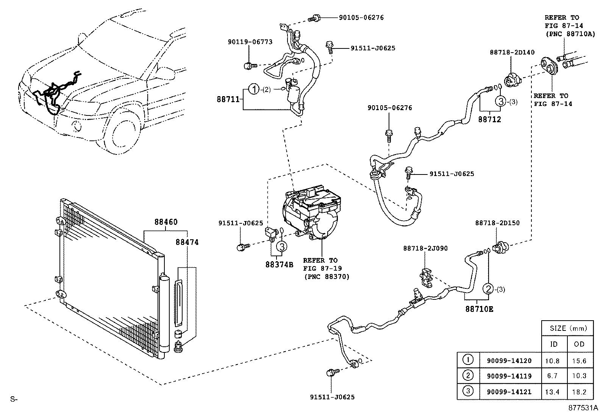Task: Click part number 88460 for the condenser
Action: pyautogui.click(x=166, y=222)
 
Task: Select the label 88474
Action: pyautogui.click(x=187, y=242)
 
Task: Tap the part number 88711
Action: pyautogui.click(x=228, y=100)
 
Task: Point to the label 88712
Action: pyautogui.click(x=489, y=120)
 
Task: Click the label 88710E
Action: pyautogui.click(x=479, y=309)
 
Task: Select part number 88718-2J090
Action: pyautogui.click(x=425, y=248)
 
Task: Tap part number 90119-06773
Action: pyautogui.click(x=250, y=42)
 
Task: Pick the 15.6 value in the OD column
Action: pyautogui.click(x=579, y=361)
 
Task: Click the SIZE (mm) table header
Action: pyautogui.click(x=567, y=328)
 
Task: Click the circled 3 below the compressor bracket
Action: pyautogui.click(x=282, y=246)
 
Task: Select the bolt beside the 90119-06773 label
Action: pyautogui.click(x=249, y=66)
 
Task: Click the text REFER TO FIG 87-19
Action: pyautogui.click(x=320, y=264)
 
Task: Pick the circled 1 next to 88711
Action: pyautogui.click(x=254, y=90)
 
